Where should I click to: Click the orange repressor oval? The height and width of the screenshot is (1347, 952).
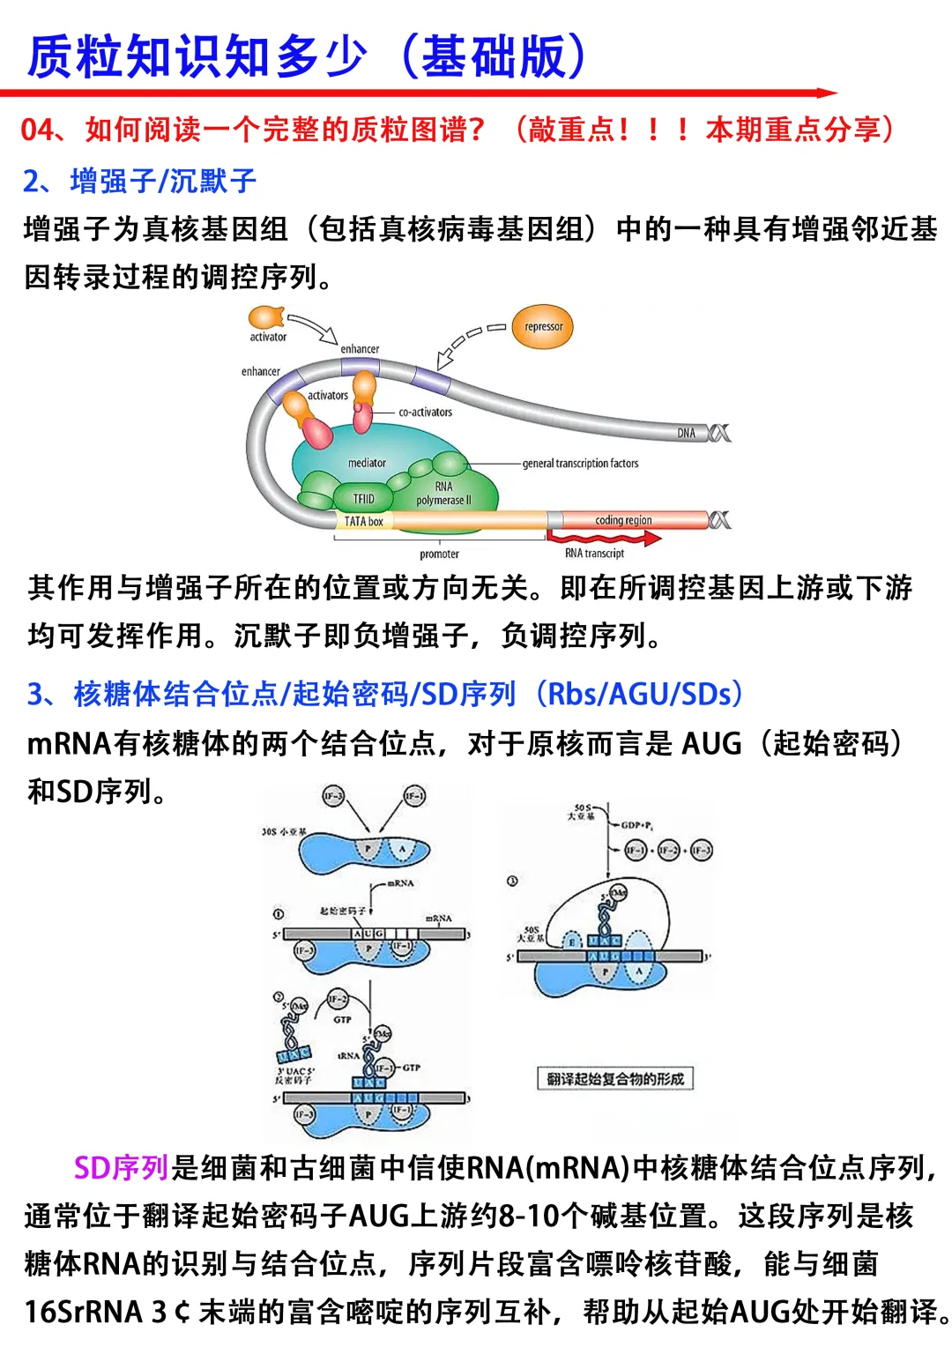pos(543,326)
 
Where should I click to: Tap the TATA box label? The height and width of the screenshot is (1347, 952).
pos(363,522)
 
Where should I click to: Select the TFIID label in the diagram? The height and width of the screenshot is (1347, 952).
pos(363,499)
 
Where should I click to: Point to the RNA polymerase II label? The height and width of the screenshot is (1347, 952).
pos(443,494)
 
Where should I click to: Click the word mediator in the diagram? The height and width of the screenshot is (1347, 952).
pos(367,463)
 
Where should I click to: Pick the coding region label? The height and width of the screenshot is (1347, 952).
pos(623,520)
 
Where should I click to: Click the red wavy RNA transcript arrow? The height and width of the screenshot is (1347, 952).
pos(599,537)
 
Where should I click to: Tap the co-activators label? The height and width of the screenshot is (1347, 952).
pos(425,412)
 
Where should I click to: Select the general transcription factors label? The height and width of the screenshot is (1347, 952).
pos(580,463)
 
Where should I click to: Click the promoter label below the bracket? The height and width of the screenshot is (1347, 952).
pos(439,554)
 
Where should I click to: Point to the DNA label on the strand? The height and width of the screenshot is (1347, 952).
pos(687,433)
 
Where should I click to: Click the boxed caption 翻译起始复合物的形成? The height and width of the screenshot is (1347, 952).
pos(615,1078)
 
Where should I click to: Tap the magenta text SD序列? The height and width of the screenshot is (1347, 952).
pos(121,1168)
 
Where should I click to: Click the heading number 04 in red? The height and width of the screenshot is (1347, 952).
pos(37,130)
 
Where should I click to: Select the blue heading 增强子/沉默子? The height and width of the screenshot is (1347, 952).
pos(163,182)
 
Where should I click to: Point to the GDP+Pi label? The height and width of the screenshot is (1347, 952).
pos(636,826)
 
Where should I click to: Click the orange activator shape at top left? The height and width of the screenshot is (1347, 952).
pos(265,317)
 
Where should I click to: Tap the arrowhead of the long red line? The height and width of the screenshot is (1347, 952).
pos(829,93)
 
